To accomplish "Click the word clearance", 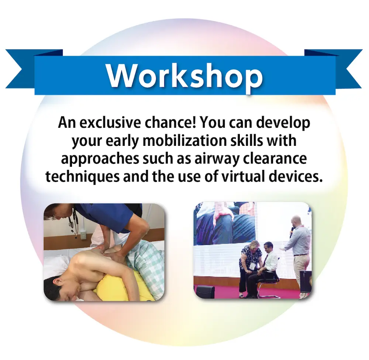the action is pyautogui.click(x=275, y=159).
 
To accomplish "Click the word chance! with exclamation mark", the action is pyautogui.click(x=170, y=123).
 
